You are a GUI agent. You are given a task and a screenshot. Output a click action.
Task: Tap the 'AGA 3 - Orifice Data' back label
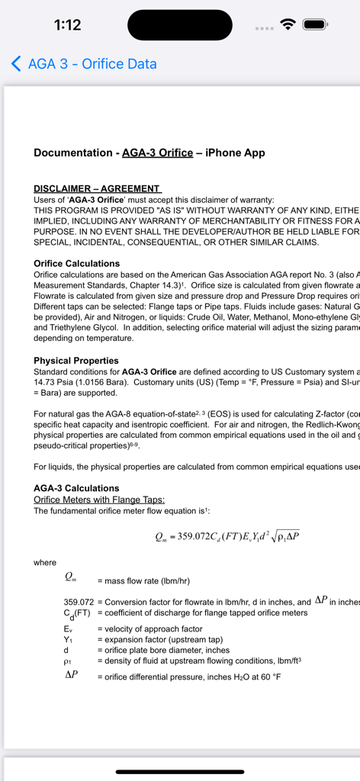(x=92, y=64)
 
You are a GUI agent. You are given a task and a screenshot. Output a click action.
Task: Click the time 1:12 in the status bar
(x=68, y=24)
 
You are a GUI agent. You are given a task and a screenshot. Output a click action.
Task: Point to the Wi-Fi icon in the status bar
(x=288, y=24)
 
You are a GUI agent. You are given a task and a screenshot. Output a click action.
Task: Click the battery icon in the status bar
(x=315, y=24)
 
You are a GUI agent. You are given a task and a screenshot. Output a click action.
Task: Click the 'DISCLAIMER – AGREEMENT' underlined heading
(x=97, y=188)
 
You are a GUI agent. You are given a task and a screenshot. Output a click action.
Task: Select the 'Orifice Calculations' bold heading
(x=76, y=263)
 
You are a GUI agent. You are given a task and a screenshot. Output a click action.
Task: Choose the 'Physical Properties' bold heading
(x=76, y=360)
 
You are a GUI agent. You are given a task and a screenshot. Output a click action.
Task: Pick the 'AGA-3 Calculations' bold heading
(x=76, y=487)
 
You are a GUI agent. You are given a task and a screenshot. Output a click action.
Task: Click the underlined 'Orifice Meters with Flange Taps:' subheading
(x=99, y=500)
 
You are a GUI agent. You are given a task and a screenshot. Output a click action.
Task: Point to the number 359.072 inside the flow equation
(x=198, y=535)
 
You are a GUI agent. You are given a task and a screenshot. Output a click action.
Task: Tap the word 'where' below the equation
(x=45, y=563)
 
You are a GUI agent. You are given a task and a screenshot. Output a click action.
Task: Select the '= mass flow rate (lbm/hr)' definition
(x=143, y=580)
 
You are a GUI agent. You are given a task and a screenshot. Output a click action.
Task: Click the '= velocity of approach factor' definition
(x=149, y=629)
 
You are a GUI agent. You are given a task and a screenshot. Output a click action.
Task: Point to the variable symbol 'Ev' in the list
(x=68, y=629)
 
